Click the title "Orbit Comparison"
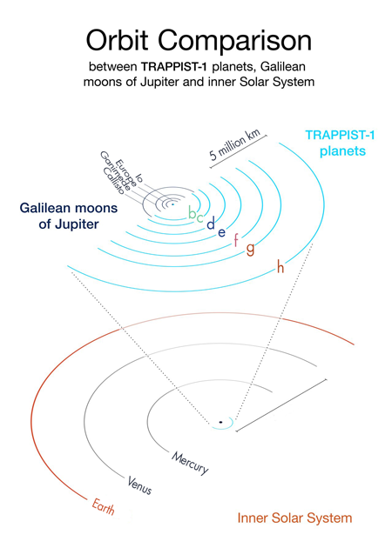(199, 41)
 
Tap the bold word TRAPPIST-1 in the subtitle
(174, 66)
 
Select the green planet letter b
(193, 212)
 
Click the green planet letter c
(199, 217)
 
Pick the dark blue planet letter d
(211, 223)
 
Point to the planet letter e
(221, 232)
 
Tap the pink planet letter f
(236, 240)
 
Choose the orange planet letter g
(250, 249)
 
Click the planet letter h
(280, 267)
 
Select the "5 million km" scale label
(235, 145)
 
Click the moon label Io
(139, 177)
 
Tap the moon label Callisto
(114, 181)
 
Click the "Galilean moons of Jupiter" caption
(69, 216)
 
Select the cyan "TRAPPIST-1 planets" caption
(341, 143)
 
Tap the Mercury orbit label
(190, 463)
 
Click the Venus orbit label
(139, 485)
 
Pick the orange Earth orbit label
(104, 507)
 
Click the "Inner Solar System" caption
(294, 518)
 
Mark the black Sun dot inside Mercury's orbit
(220, 422)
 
